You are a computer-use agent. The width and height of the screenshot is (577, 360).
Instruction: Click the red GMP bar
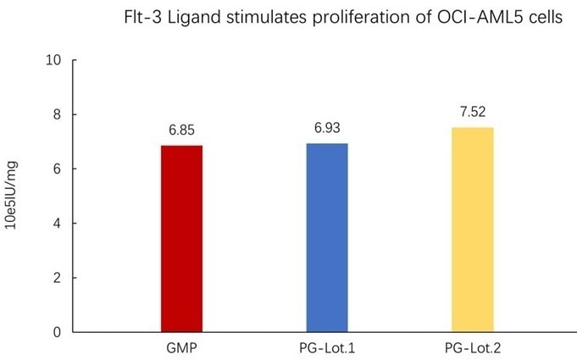pyautogui.click(x=181, y=238)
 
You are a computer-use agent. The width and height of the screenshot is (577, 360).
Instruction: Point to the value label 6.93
pyautogui.click(x=327, y=130)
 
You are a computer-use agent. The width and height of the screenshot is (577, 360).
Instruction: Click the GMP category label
pyautogui.click(x=181, y=348)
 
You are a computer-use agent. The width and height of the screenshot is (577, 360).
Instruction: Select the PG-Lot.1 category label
pyautogui.click(x=327, y=348)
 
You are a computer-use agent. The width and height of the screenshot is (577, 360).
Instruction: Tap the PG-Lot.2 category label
pyautogui.click(x=472, y=348)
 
